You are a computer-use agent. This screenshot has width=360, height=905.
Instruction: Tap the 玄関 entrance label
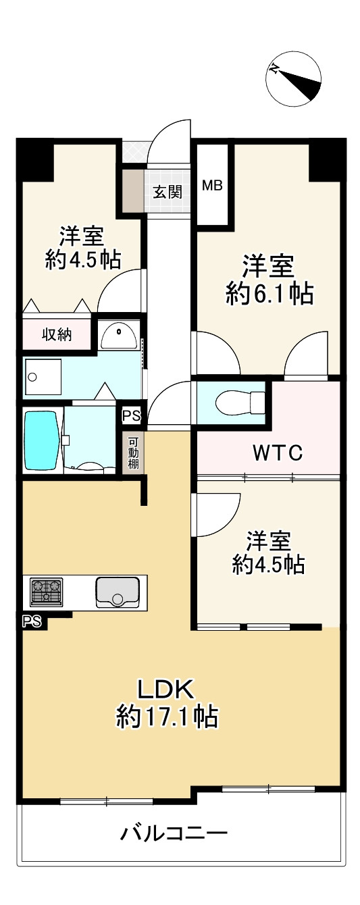(x=166, y=192)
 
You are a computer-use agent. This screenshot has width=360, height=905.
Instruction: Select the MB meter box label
(x=213, y=186)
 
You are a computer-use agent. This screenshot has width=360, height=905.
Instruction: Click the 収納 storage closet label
(x=57, y=334)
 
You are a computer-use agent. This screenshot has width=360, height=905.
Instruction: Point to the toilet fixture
(x=240, y=403)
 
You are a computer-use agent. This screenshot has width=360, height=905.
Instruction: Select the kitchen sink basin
(x=117, y=592)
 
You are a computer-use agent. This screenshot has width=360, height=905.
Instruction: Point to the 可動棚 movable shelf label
(x=133, y=453)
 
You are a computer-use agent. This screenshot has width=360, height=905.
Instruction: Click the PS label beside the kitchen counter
(x=32, y=621)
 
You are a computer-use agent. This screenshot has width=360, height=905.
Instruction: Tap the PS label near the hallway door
(x=132, y=416)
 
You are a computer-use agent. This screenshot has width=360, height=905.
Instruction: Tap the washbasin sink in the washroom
(x=119, y=335)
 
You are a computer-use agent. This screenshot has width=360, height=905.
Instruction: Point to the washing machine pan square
(x=43, y=377)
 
